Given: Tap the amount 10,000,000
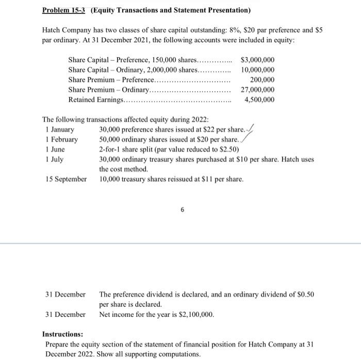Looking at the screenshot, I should click(257, 70).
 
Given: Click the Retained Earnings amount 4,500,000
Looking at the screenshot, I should click(259, 99).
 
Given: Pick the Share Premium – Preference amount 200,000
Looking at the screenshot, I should click(262, 80).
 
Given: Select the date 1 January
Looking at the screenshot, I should click(60, 129).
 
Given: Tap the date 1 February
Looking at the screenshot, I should click(61, 140).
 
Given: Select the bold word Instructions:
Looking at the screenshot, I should click(62, 334).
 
